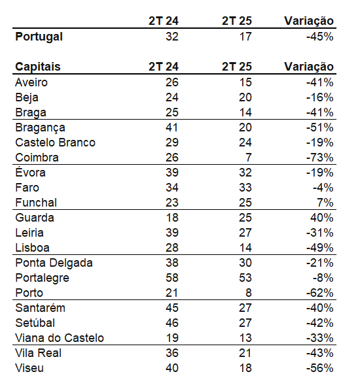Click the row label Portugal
(39, 37)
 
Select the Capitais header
(38, 67)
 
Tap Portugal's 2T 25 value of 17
(245, 37)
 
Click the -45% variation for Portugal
(320, 37)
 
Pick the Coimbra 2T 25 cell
(248, 158)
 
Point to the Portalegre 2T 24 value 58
(172, 278)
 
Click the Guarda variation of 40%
(322, 218)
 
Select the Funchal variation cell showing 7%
(325, 203)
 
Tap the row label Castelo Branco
(55, 143)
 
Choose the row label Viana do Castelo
(60, 338)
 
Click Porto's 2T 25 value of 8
(249, 293)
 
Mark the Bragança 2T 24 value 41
(172, 127)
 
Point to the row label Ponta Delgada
(54, 263)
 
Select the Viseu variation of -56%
(320, 368)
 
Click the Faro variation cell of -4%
(323, 188)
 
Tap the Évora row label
(30, 172)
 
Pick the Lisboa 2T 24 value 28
(172, 248)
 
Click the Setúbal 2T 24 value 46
(172, 323)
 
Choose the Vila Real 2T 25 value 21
(245, 353)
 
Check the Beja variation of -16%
(320, 97)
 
